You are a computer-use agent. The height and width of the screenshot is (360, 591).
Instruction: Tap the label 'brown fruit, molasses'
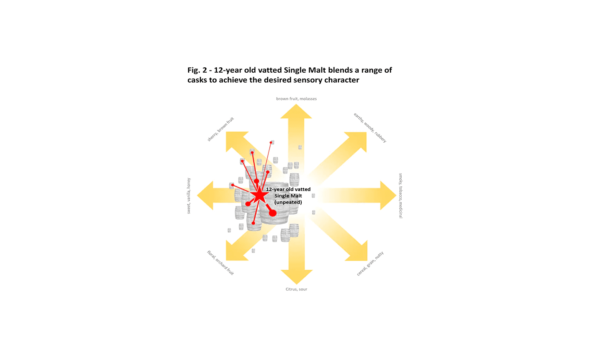[296, 98]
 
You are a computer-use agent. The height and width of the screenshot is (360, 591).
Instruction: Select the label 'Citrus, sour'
[296, 289]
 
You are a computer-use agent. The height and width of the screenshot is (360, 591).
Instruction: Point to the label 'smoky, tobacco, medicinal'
[401, 196]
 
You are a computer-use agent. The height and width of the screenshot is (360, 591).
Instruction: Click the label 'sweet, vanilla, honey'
[189, 196]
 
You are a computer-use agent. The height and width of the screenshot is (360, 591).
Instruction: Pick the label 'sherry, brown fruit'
[220, 129]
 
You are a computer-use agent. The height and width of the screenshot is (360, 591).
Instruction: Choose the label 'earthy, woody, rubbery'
[370, 128]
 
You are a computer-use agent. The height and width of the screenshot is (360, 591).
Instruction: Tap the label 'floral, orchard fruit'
[220, 263]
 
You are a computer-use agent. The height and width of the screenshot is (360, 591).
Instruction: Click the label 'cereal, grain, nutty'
[370, 263]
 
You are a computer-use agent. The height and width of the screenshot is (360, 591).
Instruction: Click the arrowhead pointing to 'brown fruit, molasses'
[296, 112]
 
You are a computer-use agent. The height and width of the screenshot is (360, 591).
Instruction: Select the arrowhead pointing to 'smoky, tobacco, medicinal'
[388, 195]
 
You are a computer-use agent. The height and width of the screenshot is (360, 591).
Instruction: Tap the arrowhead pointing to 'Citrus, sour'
[297, 277]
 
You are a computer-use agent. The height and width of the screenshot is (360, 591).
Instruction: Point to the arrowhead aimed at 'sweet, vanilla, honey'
[205, 195]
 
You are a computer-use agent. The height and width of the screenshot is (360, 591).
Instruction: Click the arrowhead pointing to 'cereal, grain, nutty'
[359, 252]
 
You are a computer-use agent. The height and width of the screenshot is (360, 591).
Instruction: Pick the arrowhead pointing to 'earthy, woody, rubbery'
[358, 140]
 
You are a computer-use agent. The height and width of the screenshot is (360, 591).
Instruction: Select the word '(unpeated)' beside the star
[288, 202]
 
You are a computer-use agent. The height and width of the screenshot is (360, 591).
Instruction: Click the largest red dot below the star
[272, 213]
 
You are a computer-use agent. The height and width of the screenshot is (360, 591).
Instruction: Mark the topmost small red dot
[271, 142]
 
